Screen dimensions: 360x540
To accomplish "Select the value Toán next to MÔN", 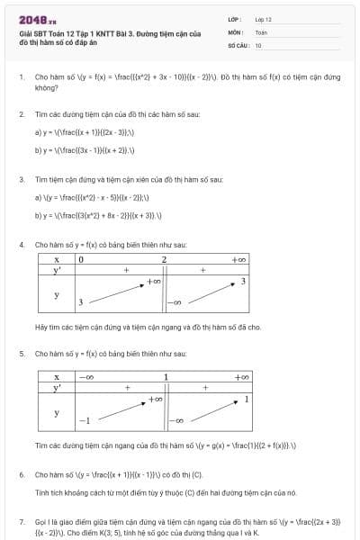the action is [x=261, y=31].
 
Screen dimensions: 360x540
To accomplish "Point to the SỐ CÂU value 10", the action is [x=258, y=44].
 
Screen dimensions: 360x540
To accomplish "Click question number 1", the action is [x=21, y=77].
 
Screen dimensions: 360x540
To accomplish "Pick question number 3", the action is [x=21, y=180].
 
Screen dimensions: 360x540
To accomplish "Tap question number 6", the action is [x=21, y=473].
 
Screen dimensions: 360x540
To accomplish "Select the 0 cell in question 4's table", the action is [x=81, y=259].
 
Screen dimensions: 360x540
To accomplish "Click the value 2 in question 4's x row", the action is [x=164, y=259].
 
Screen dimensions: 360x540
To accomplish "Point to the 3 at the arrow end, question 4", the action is [x=243, y=282].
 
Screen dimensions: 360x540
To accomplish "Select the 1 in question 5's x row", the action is [x=166, y=377].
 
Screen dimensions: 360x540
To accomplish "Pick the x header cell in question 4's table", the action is [x=56, y=259].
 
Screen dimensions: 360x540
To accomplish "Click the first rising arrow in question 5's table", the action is [x=121, y=409].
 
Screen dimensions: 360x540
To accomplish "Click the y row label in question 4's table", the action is [x=56, y=293].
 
